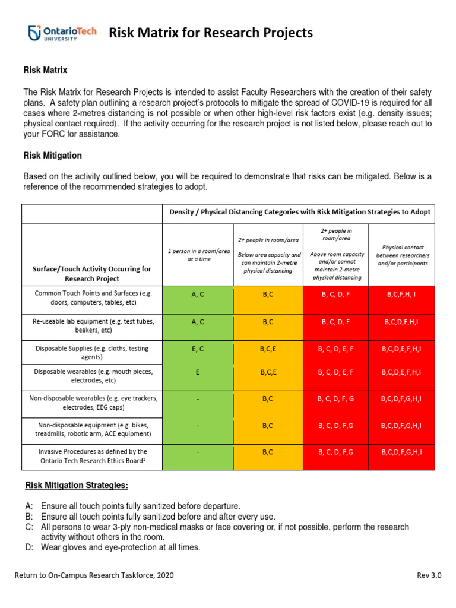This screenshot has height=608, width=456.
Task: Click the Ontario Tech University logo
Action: (x=63, y=33)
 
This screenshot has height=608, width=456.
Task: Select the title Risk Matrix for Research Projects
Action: (x=211, y=33)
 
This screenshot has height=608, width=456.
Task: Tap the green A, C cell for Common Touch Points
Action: (x=198, y=294)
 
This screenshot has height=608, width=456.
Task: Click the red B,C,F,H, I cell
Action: (x=401, y=294)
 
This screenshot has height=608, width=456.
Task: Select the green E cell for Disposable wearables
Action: (x=198, y=372)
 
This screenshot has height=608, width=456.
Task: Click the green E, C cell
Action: (x=198, y=349)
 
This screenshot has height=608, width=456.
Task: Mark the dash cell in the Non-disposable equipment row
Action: (x=198, y=426)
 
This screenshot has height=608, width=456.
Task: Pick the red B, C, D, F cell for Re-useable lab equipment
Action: (x=335, y=322)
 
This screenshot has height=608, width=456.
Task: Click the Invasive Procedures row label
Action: (x=93, y=457)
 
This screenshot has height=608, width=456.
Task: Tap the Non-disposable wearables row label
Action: (x=93, y=404)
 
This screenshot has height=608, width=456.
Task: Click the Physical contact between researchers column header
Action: (x=401, y=255)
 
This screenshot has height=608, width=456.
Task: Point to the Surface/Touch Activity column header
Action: (x=93, y=274)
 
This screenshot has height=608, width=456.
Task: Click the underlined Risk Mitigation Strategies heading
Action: (x=77, y=486)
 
